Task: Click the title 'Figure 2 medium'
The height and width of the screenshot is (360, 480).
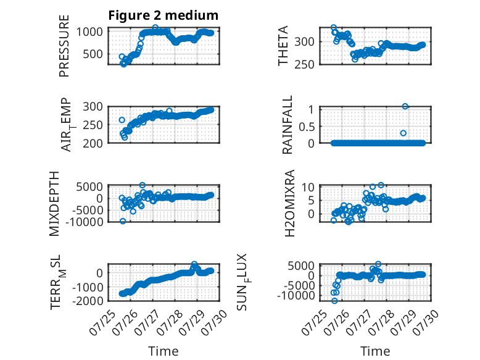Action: [163, 15]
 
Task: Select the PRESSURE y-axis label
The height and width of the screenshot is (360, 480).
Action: [64, 46]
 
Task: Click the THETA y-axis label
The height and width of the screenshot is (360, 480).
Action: [283, 46]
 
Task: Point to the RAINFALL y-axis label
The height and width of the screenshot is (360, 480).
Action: [288, 125]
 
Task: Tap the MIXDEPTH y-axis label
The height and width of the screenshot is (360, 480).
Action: [54, 204]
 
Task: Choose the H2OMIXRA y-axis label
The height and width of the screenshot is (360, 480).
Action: [289, 203]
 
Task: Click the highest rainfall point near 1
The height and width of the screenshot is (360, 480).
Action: [405, 106]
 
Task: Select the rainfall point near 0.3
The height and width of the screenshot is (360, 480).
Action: [403, 133]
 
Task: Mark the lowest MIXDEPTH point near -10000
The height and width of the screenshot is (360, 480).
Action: [123, 221]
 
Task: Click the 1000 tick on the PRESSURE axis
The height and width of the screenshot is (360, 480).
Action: [89, 31]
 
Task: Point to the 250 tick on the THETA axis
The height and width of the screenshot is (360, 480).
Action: [304, 64]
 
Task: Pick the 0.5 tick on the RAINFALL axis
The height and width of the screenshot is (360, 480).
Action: [307, 127]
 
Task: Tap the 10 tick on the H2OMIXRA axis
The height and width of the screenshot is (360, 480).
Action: [308, 187]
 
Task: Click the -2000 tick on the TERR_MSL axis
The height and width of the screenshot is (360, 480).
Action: [88, 301]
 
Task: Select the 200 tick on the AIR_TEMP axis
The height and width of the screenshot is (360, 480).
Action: [93, 143]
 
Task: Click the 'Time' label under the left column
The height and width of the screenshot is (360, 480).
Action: [163, 351]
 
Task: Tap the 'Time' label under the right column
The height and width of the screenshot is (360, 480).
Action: [375, 351]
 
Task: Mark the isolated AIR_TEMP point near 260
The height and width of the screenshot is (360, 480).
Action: [122, 120]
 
